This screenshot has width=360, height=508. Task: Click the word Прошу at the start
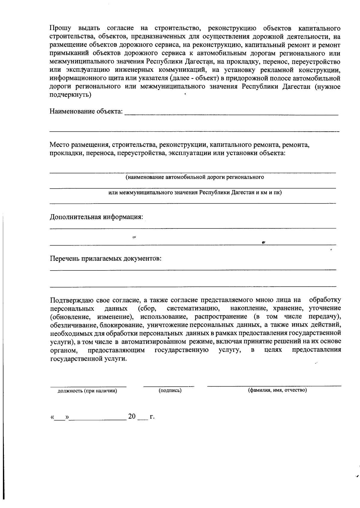click(60, 29)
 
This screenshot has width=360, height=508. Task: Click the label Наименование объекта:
click(86, 112)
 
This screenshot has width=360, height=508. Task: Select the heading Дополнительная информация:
click(96, 217)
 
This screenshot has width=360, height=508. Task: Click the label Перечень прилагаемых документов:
click(106, 258)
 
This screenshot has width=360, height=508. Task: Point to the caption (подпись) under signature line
click(170, 390)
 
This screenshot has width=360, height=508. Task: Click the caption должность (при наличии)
click(87, 391)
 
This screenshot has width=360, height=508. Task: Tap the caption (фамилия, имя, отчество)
click(277, 390)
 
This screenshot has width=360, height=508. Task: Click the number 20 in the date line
click(132, 417)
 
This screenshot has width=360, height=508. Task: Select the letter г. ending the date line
click(152, 417)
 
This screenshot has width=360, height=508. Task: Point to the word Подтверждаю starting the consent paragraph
click(70, 300)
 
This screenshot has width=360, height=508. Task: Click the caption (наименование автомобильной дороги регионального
click(195, 177)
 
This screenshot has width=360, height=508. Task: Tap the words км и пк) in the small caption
click(272, 193)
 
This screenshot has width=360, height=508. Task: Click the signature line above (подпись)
click(169, 386)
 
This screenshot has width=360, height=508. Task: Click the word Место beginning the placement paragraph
click(59, 145)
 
